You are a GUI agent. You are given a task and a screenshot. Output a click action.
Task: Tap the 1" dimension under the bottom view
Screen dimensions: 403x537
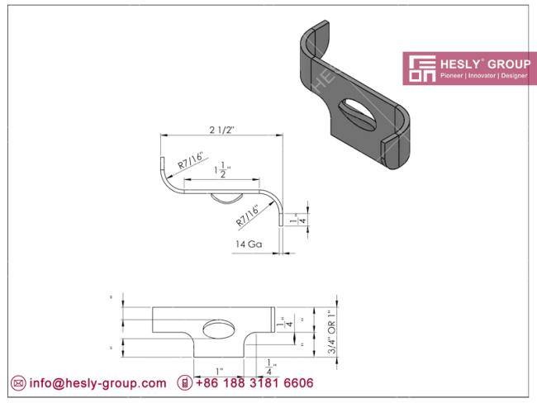[x=219, y=371]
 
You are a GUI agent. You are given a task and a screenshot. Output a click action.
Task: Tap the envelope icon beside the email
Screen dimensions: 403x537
[x=17, y=384]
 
